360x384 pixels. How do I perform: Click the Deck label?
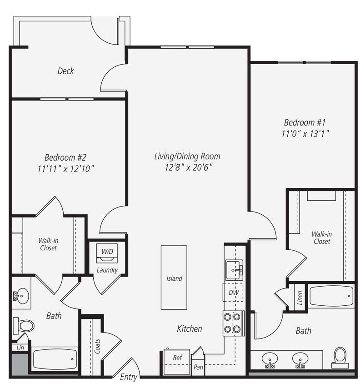click(x=65, y=71)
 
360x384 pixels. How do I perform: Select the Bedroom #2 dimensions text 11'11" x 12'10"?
click(x=66, y=169)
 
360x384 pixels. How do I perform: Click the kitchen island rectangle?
click(x=174, y=278)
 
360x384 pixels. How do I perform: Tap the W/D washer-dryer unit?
click(x=107, y=253)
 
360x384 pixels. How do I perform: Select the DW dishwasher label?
click(x=233, y=293)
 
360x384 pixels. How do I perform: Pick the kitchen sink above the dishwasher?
click(x=234, y=270)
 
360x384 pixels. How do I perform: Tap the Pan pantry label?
click(x=198, y=367)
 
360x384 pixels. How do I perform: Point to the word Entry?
click(x=128, y=377)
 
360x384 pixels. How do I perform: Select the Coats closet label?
click(x=97, y=346)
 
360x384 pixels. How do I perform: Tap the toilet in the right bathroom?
click(x=340, y=357)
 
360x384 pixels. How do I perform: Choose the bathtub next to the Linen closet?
click(x=331, y=296)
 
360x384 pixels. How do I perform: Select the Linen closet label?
click(x=300, y=298)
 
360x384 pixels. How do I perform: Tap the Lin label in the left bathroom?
click(x=20, y=347)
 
